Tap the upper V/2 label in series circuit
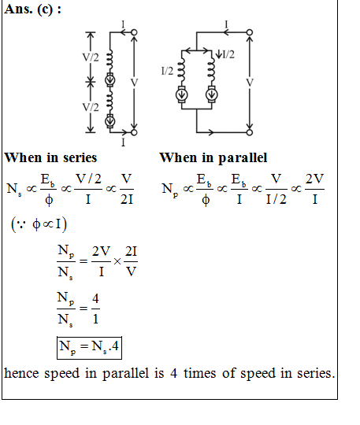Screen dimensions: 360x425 pos(91,57)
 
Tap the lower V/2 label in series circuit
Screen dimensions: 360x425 pos(91,107)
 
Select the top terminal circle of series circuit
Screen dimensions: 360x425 pos(134,32)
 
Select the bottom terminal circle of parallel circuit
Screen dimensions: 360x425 pos(250,132)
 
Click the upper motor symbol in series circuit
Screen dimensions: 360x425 pos(109,80)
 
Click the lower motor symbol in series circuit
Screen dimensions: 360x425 pos(109,121)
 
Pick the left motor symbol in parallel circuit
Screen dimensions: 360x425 pos(181,94)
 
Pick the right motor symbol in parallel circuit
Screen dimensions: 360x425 pos(212,94)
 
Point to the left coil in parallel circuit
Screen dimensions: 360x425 pos(181,71)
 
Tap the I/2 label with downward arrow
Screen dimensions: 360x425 pos(225,54)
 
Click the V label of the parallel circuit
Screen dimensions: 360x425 pos(250,83)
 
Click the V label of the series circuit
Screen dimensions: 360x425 pos(134,83)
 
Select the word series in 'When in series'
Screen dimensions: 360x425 pos(80,157)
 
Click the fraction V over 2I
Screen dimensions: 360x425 pos(127,189)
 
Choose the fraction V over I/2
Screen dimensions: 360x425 pos(276,189)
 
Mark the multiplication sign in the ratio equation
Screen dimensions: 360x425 pos(117,261)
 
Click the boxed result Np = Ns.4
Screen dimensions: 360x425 pos(89,348)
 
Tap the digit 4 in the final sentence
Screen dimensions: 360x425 pos(173,373)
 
